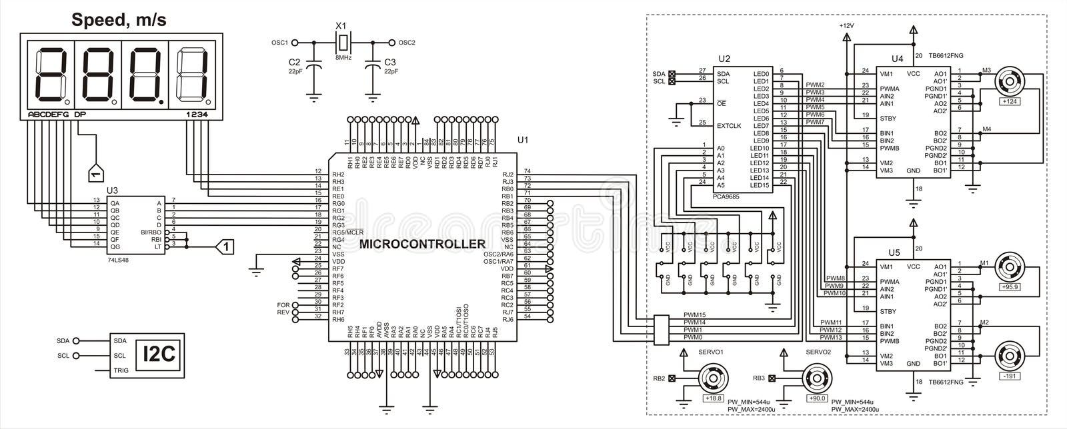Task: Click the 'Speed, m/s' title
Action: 119,20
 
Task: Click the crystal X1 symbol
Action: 342,43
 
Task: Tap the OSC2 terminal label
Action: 406,43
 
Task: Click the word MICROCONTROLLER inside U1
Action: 422,244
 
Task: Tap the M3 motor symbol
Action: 1009,84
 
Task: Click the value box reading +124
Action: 1009,101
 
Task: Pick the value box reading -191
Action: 1009,376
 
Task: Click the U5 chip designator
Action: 894,252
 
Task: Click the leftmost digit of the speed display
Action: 48,73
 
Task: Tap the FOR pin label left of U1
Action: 283,305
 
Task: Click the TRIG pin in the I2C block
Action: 121,371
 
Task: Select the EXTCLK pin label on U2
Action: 729,125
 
